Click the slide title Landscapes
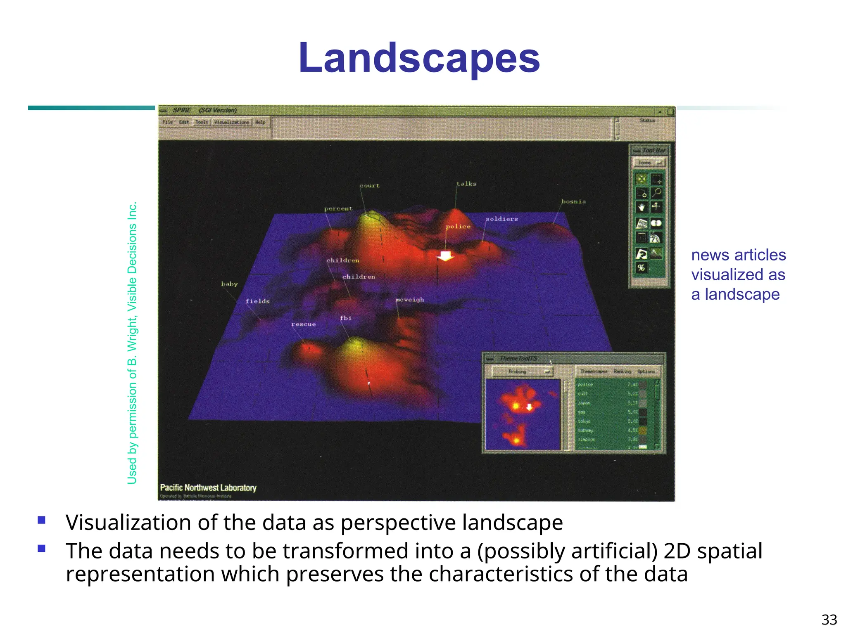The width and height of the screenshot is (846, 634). click(419, 58)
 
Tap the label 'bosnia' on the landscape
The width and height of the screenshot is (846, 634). click(573, 201)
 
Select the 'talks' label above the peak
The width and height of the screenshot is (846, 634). click(466, 184)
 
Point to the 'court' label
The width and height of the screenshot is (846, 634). click(369, 186)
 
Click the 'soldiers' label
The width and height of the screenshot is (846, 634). click(501, 219)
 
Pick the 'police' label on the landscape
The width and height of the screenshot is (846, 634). click(458, 227)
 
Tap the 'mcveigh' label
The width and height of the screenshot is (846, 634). click(410, 300)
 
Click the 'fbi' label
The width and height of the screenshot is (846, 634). click(346, 318)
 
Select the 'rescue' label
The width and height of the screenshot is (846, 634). click(304, 324)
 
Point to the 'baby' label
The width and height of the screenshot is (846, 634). click(229, 284)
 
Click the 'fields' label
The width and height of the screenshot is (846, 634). click(257, 301)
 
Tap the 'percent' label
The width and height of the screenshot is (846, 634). click(338, 209)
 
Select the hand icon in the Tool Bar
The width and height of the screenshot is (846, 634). click(642, 207)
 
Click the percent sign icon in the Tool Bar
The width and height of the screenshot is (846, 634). click(641, 267)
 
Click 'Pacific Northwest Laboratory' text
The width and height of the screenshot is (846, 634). click(208, 488)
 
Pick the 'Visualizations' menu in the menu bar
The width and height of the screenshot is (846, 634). click(232, 122)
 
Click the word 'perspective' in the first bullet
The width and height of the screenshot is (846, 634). click(399, 523)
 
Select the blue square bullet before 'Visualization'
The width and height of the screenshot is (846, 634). click(41, 520)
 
